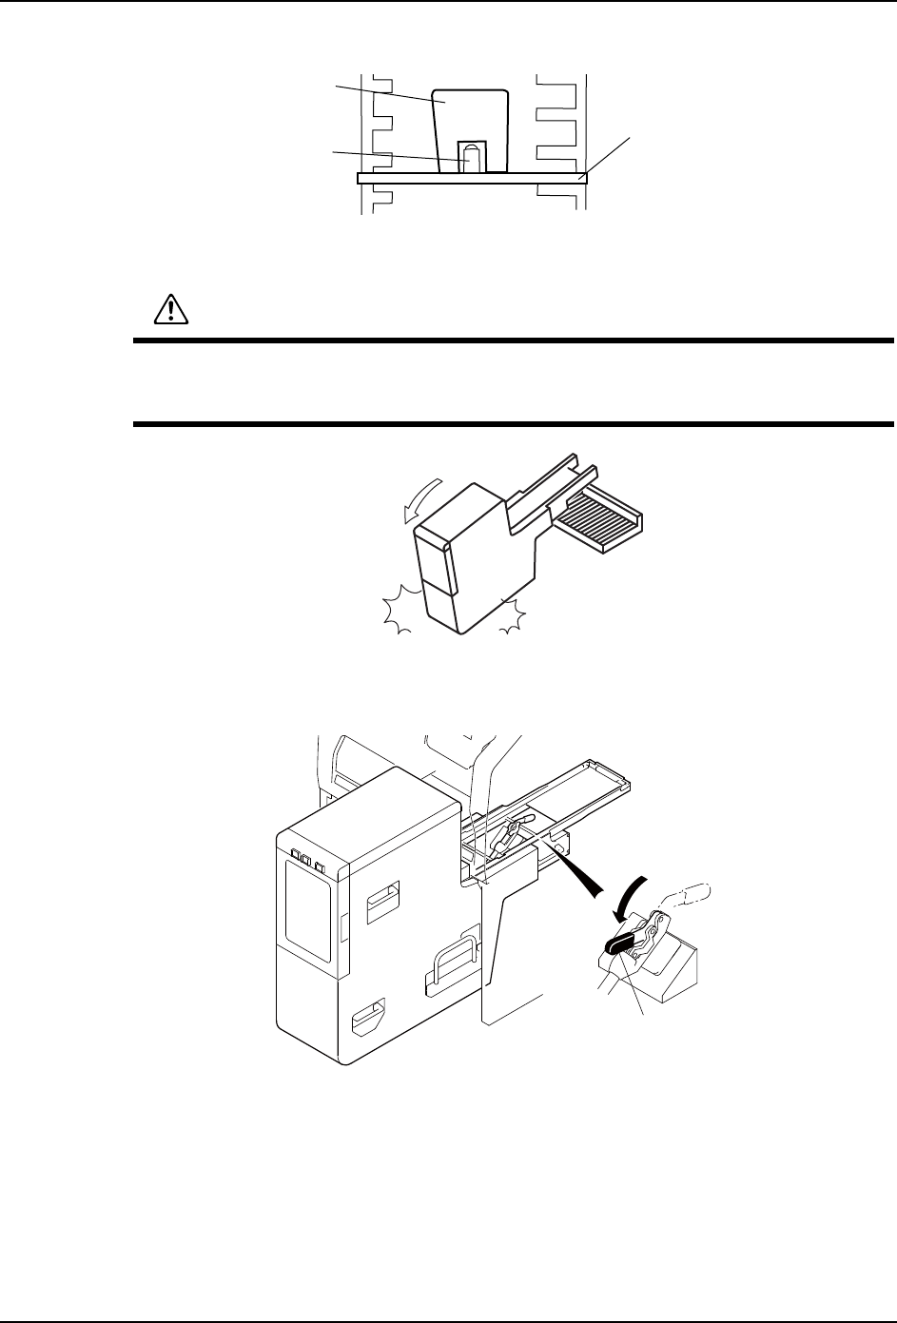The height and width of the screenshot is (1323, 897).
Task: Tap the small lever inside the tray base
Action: point(505,832)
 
